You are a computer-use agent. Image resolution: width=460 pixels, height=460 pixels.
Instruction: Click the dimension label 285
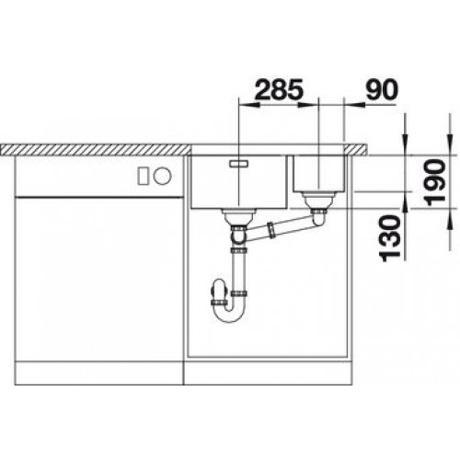[x=279, y=90]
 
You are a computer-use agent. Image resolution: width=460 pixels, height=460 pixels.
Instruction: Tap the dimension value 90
[x=381, y=90]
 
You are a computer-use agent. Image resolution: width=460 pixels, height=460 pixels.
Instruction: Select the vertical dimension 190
[x=436, y=182]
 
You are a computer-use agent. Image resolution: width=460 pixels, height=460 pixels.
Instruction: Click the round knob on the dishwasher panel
[x=162, y=176]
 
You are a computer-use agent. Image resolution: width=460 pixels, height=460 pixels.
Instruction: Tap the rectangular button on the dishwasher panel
[x=144, y=176]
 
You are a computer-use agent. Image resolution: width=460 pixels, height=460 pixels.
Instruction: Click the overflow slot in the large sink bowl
[x=238, y=164]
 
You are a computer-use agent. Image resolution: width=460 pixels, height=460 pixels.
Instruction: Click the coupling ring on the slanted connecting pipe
[x=271, y=230]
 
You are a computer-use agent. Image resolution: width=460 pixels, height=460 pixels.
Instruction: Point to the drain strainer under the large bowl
[x=238, y=217]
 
